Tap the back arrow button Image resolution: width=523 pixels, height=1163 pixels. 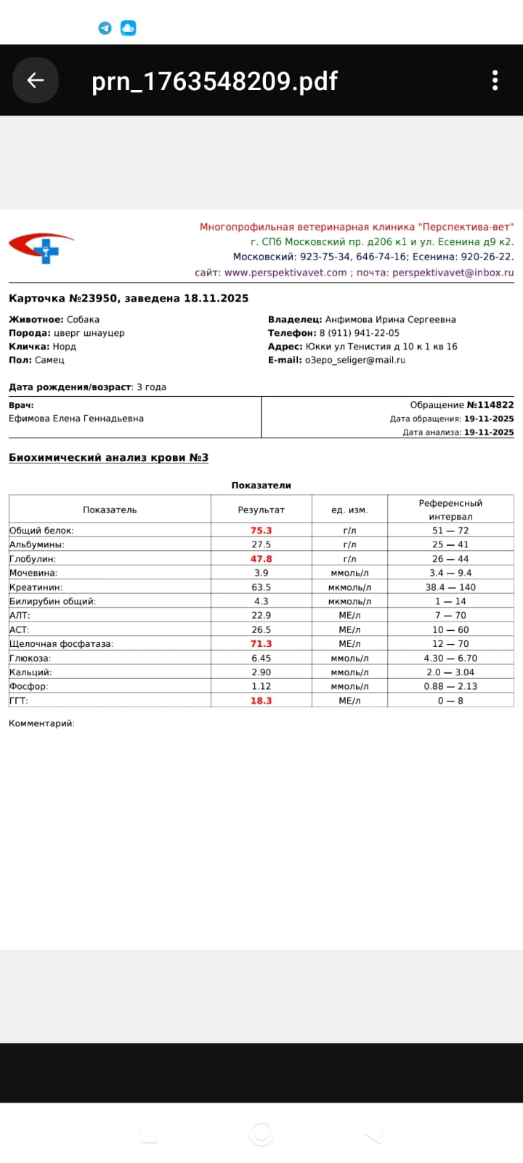(x=35, y=80)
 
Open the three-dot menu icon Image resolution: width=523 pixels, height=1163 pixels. (x=495, y=80)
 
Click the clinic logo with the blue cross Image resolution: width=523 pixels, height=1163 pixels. (x=42, y=247)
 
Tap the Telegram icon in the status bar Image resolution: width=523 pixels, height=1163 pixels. (x=105, y=28)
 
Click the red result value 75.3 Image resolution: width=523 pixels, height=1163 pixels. (x=261, y=531)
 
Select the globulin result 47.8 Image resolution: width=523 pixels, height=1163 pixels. (x=261, y=559)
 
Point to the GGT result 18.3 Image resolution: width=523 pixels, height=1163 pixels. (x=261, y=701)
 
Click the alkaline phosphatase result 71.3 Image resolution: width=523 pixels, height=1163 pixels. (x=261, y=644)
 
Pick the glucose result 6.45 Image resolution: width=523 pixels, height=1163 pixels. (x=261, y=659)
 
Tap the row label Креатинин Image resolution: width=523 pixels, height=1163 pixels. (x=36, y=587)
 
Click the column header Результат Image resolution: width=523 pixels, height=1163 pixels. (x=261, y=510)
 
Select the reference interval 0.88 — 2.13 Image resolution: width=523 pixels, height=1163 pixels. (x=450, y=686)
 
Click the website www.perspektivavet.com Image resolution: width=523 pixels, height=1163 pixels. (x=285, y=273)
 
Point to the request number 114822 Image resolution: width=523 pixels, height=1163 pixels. (x=495, y=405)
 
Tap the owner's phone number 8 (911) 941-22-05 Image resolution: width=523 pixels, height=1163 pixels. (x=359, y=333)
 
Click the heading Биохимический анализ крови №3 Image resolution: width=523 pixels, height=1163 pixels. (x=108, y=457)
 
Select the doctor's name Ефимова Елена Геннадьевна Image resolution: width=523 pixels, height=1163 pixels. (x=76, y=419)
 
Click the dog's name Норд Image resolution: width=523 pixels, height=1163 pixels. (x=64, y=347)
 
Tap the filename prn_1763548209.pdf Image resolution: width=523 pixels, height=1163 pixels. (x=214, y=81)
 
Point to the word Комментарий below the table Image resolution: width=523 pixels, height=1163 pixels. (x=41, y=723)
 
